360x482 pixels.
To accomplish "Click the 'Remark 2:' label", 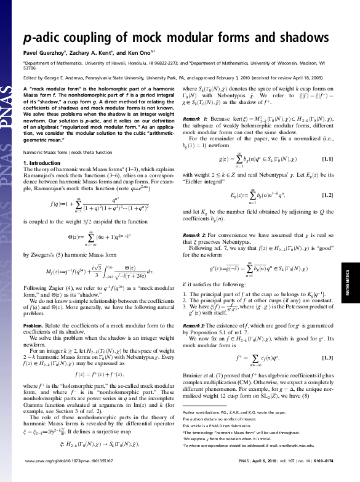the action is click(195, 235).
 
